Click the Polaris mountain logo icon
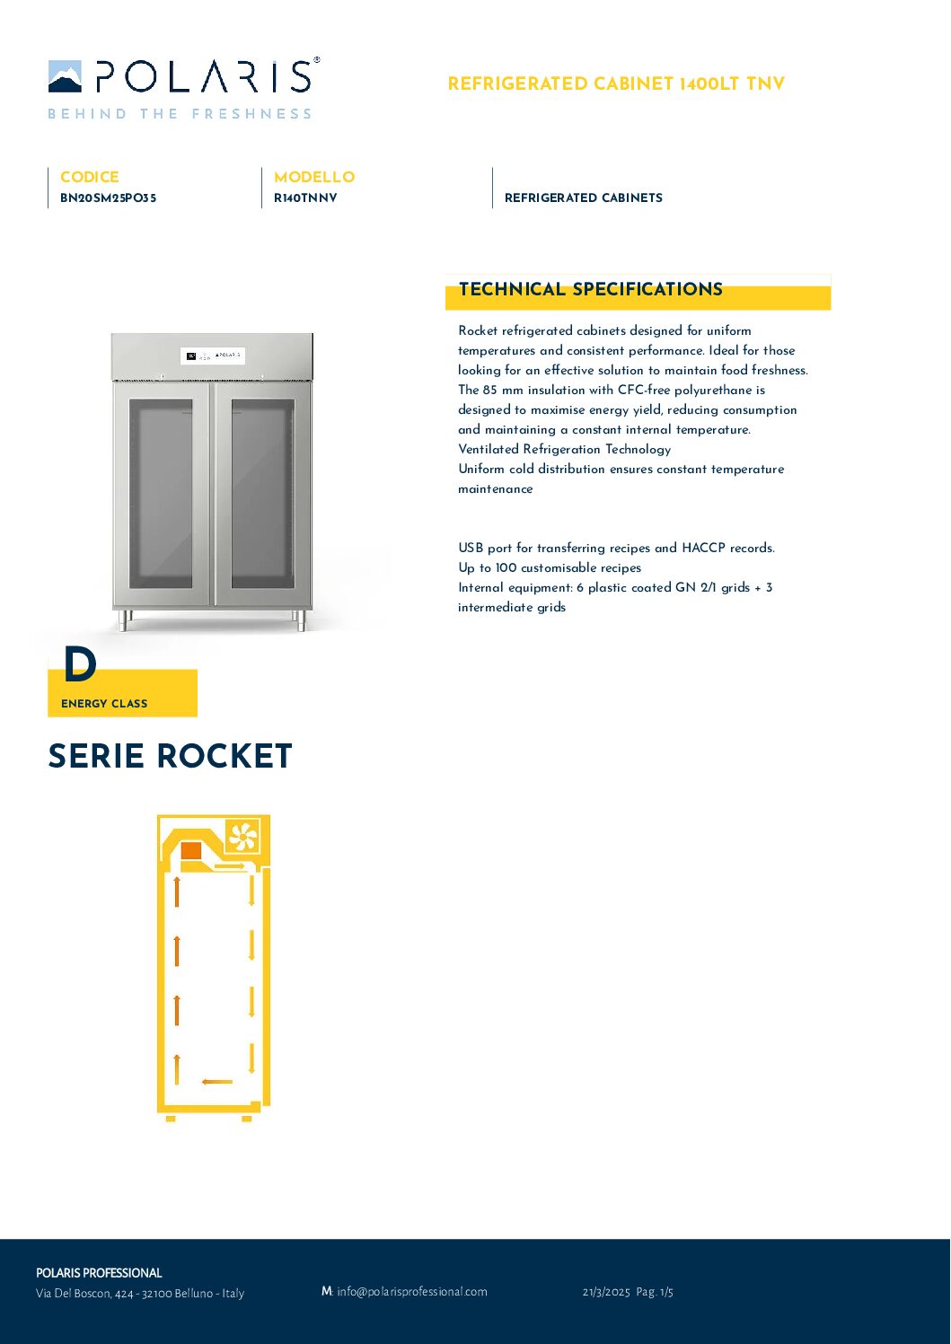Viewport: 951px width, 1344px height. click(65, 76)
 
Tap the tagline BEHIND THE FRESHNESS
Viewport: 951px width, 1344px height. click(180, 114)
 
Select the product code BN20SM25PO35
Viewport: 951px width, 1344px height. click(108, 198)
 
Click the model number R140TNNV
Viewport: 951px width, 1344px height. click(305, 198)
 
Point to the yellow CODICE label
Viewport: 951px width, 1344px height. click(89, 177)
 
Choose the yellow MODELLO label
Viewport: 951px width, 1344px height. click(313, 177)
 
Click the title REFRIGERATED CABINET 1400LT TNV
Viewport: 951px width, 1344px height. click(616, 84)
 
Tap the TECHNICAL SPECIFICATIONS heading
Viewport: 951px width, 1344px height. click(590, 290)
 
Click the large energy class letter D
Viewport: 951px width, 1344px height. click(80, 665)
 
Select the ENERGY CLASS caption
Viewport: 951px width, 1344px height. click(104, 704)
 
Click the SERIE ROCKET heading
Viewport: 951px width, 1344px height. click(170, 756)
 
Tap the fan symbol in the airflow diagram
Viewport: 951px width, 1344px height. click(242, 837)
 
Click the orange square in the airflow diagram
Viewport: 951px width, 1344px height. click(191, 851)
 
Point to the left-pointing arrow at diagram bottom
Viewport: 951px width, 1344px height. click(217, 1082)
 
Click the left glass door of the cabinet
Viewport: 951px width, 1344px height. click(162, 493)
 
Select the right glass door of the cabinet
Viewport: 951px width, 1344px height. click(262, 493)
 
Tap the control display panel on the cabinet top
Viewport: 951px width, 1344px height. click(213, 356)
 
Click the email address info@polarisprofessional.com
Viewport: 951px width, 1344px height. click(411, 1292)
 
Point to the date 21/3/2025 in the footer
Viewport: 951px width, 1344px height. click(606, 1292)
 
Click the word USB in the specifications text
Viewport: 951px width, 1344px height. click(471, 548)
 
